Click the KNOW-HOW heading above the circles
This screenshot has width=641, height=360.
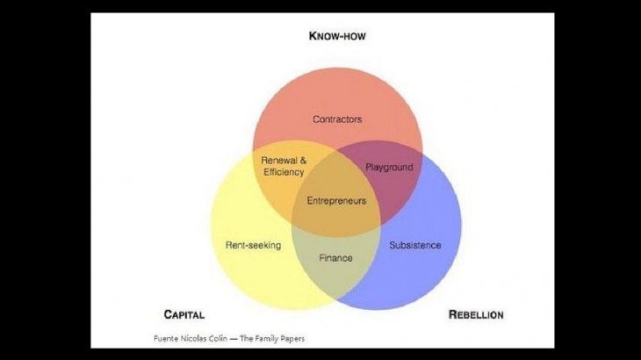click(336, 36)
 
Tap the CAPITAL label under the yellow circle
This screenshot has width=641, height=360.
click(184, 314)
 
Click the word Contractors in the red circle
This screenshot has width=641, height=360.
click(337, 119)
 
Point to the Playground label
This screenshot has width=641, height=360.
click(389, 167)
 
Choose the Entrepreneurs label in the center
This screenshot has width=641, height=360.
click(336, 201)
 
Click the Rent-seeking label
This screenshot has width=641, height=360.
click(253, 245)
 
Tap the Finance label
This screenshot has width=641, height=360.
click(335, 258)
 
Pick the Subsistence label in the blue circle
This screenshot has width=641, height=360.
click(414, 245)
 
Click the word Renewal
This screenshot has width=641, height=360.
click(279, 161)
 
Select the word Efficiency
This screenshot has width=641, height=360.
click(283, 172)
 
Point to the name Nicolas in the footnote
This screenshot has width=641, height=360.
click(192, 338)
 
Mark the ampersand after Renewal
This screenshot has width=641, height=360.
click(303, 161)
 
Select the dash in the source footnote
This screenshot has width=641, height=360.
click(234, 338)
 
